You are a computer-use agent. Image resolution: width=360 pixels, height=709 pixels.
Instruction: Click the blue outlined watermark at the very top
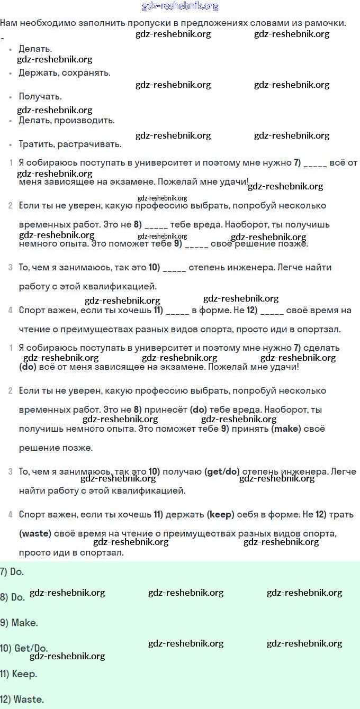(180, 6)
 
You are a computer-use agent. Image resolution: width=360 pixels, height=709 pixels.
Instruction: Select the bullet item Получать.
(40, 97)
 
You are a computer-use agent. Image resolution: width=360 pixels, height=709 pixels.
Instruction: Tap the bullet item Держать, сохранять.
(65, 73)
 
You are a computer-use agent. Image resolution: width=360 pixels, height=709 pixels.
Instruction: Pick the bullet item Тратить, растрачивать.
(70, 144)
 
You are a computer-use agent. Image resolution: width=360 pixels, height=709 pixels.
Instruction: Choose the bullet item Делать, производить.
(67, 121)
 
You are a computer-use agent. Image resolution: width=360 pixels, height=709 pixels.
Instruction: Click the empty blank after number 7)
(316, 163)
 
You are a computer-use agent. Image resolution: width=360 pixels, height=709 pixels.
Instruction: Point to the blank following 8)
(156, 225)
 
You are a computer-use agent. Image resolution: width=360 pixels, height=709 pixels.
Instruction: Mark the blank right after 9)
(196, 244)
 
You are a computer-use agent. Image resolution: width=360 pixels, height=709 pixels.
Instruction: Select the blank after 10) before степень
(175, 268)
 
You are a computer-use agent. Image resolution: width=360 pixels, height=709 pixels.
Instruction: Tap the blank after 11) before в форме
(177, 311)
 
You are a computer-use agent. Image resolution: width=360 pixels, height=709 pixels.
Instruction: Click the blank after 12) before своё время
(272, 311)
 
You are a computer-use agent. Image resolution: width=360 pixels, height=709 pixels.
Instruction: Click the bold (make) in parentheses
(286, 429)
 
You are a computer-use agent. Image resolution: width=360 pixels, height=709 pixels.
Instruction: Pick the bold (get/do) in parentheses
(222, 472)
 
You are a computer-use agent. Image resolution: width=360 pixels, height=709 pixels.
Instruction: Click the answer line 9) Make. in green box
(19, 623)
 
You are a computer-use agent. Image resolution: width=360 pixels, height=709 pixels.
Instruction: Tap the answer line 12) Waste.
(22, 699)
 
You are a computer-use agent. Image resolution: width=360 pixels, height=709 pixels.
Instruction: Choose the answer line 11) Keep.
(19, 674)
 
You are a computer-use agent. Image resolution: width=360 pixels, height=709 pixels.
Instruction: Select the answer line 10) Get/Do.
(24, 649)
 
